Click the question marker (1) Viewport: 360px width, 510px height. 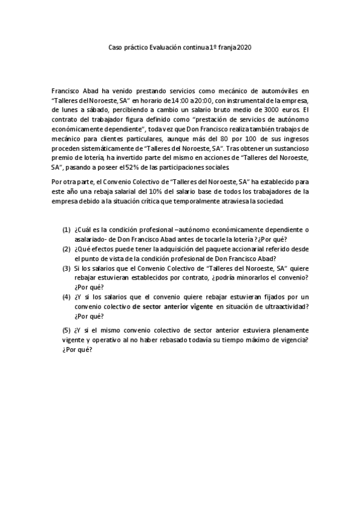66,230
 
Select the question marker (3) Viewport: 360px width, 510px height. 66,268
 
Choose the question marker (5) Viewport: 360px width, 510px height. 66,330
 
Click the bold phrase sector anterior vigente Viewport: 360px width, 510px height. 173,307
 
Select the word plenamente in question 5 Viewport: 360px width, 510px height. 284,330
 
